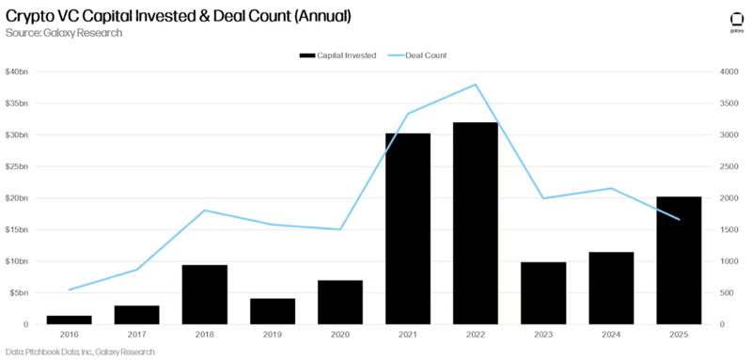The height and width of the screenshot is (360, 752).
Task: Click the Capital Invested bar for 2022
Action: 475,223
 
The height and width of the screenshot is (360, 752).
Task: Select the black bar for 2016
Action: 69,320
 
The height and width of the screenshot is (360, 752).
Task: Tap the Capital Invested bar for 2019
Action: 272,311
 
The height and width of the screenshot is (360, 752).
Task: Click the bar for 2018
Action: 204,294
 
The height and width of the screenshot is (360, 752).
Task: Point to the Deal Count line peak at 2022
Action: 475,85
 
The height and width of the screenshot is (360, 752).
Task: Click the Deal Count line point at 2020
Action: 339,229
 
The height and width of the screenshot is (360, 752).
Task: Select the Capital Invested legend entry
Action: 337,55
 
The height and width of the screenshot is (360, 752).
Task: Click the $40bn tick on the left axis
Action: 19,72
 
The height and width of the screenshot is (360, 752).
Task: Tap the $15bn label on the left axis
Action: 19,229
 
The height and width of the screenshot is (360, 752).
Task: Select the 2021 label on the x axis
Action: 407,336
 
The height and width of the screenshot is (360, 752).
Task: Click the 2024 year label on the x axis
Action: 610,336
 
